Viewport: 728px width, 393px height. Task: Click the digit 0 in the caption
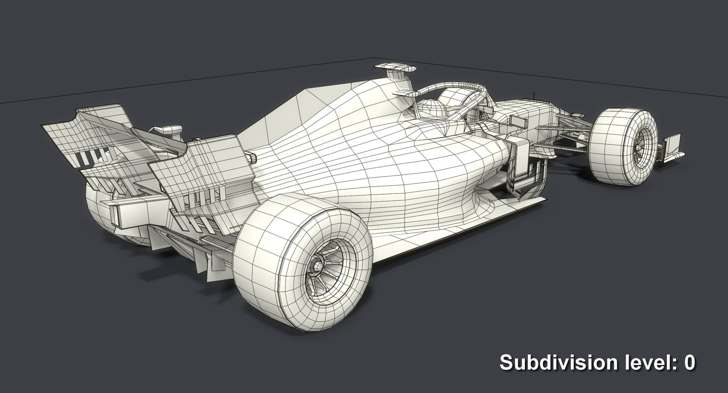coord(689,362)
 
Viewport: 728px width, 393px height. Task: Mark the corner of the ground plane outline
coord(371,59)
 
